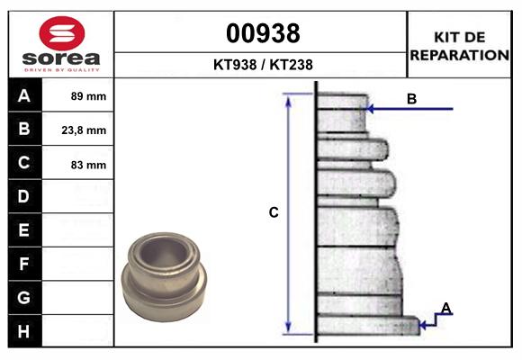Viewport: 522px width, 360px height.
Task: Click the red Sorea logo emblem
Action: click(x=62, y=33)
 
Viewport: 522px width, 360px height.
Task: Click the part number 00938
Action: click(x=263, y=33)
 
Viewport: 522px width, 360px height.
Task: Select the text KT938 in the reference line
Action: click(x=235, y=65)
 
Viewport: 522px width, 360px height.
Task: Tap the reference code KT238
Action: click(x=292, y=65)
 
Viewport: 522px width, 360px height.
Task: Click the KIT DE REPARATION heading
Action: click(x=460, y=46)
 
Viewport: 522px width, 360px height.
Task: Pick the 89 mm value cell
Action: click(x=88, y=96)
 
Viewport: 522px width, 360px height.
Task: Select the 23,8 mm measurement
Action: click(x=84, y=130)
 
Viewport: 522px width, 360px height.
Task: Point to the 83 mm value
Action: click(x=88, y=165)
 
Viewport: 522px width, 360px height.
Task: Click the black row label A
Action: click(x=24, y=95)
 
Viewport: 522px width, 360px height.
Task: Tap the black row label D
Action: click(x=24, y=196)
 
